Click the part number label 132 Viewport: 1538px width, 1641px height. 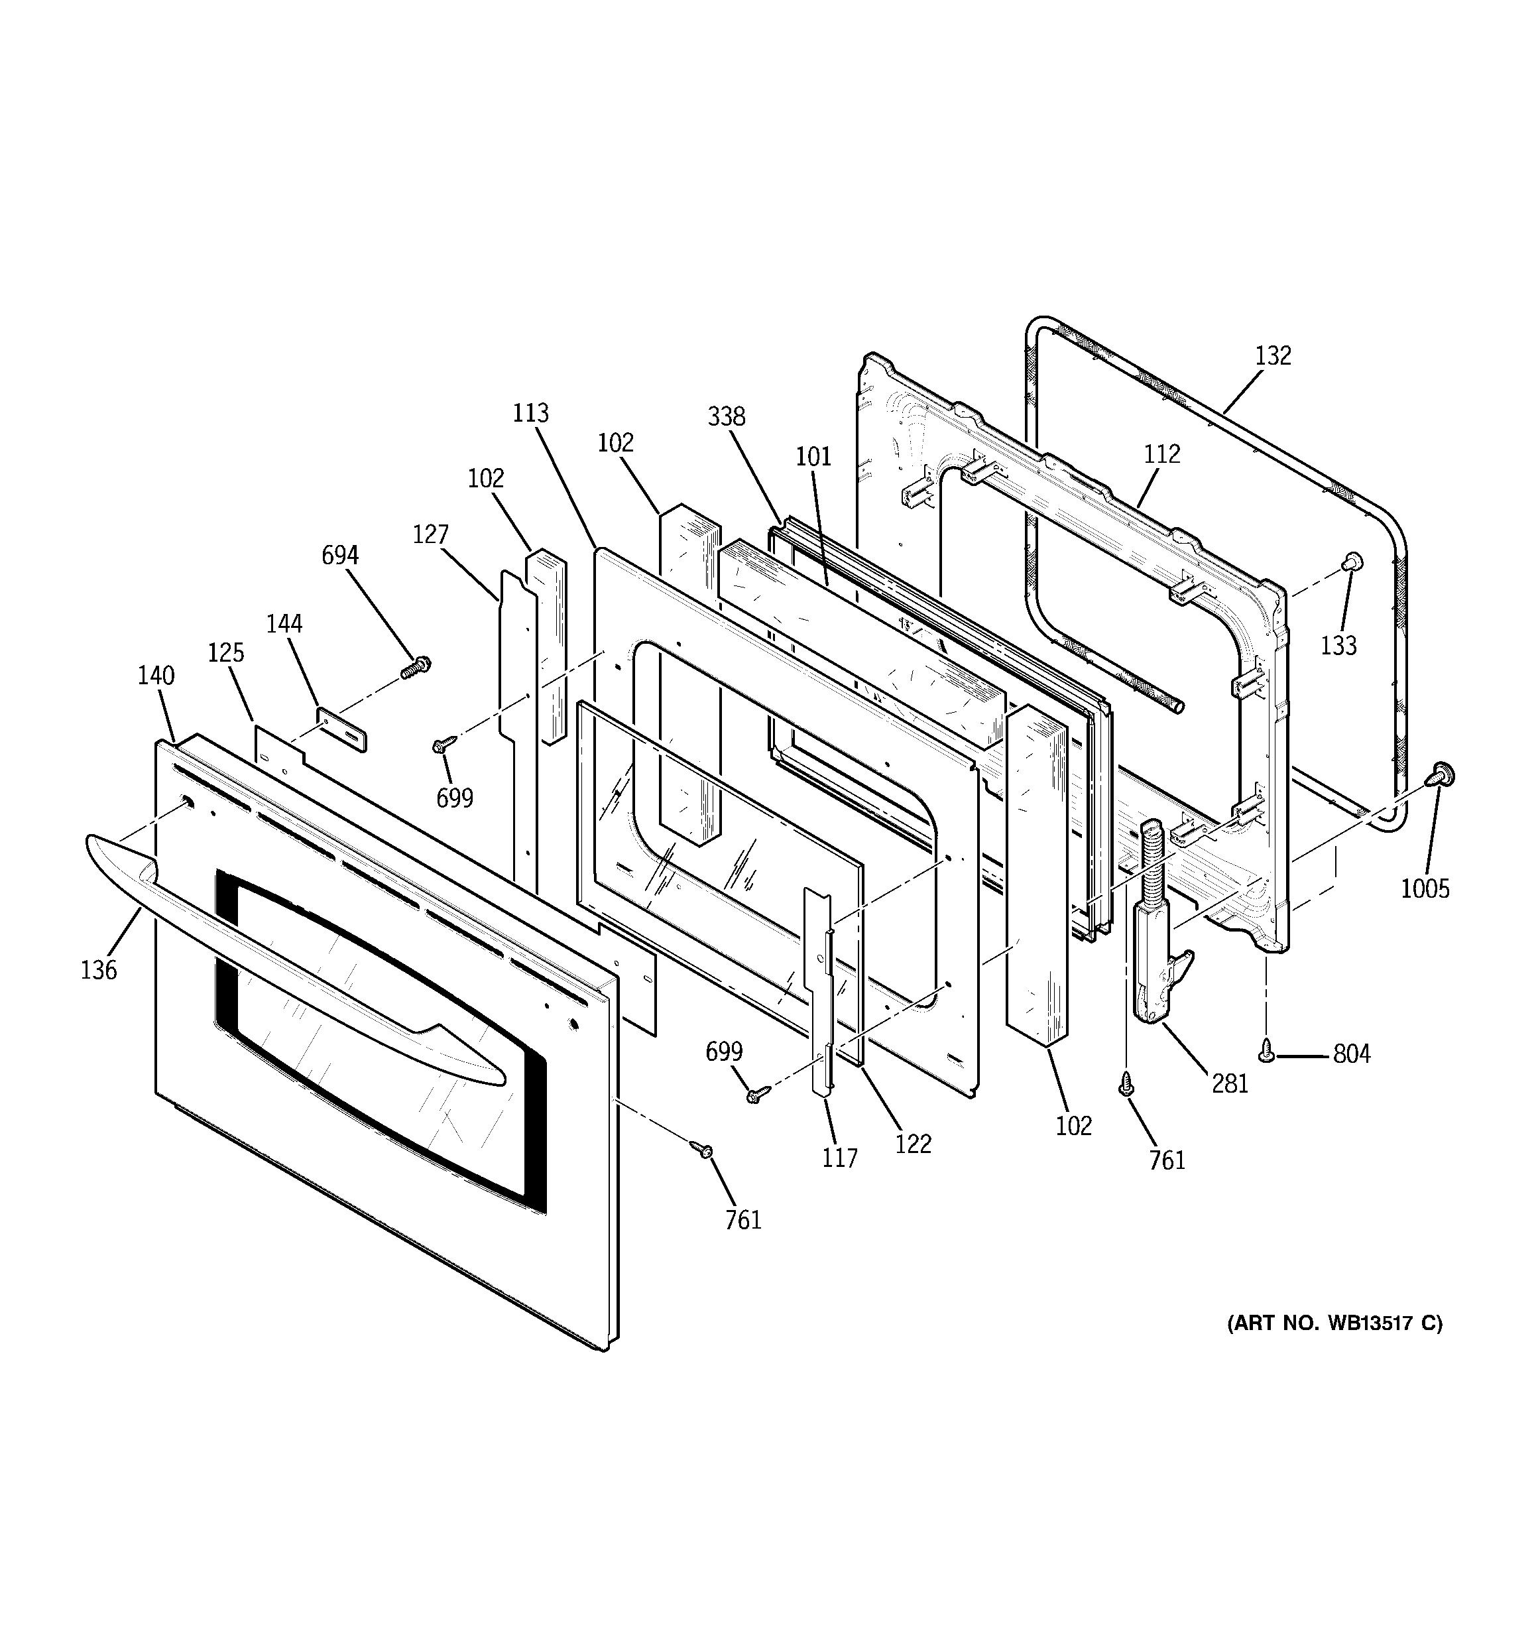[x=1272, y=356]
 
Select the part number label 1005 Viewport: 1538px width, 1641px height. [x=1425, y=888]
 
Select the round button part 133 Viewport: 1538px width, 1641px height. [x=1352, y=562]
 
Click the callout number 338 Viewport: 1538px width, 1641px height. [x=727, y=417]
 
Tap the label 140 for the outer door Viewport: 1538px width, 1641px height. [x=156, y=676]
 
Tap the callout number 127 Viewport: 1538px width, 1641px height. [x=430, y=535]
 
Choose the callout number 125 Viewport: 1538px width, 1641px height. [x=225, y=653]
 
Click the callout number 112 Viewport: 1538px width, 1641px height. [x=1161, y=454]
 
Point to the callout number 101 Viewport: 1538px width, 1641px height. [x=813, y=456]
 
